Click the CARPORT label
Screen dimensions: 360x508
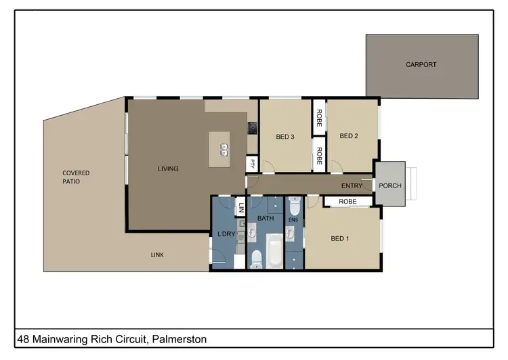coord(421,65)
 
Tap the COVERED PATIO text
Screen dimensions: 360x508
coord(76,177)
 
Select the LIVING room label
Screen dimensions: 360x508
coord(168,168)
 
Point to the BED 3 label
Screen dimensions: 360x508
coord(285,137)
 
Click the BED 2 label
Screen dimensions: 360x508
coord(348,136)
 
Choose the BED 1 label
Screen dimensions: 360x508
coord(340,239)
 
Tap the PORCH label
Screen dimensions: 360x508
coord(389,185)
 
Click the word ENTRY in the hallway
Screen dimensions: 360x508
coord(352,186)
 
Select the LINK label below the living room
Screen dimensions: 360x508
coord(156,255)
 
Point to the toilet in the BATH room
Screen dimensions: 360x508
coord(257,258)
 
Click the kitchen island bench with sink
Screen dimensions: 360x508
coord(219,145)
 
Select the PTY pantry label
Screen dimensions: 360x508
coord(252,163)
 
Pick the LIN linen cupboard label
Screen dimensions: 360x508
coord(240,207)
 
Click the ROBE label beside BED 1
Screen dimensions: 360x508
coord(347,202)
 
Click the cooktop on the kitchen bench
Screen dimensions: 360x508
coord(251,127)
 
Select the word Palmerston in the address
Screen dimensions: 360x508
coord(179,338)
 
